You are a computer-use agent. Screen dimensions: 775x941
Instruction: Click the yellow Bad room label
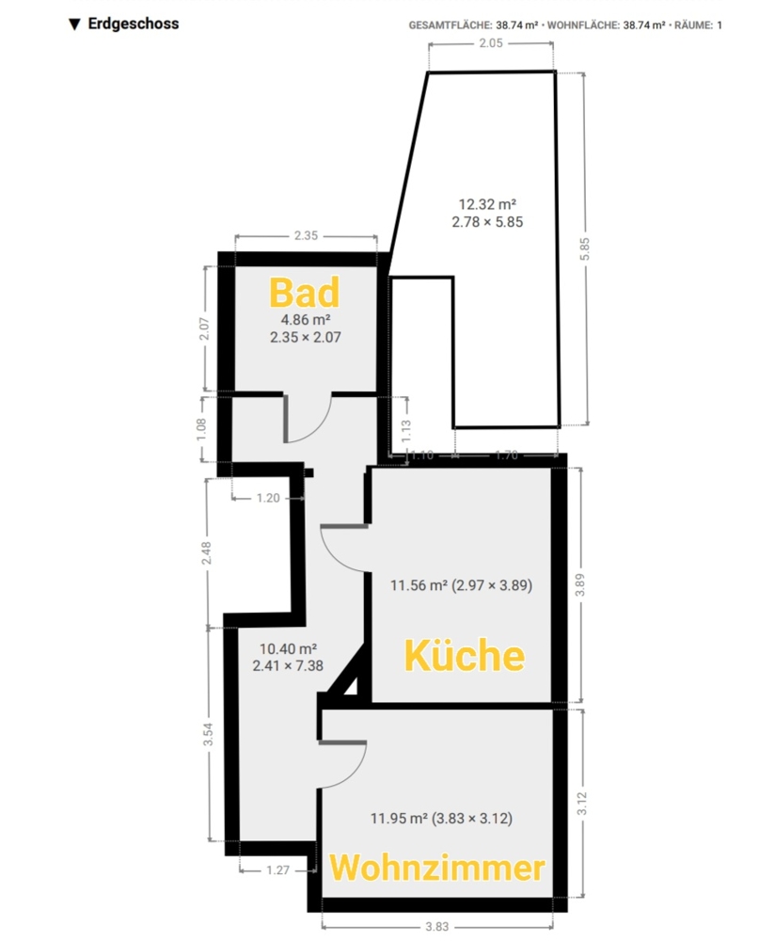pyautogui.click(x=304, y=293)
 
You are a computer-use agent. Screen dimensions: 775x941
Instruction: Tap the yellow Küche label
pyautogui.click(x=465, y=655)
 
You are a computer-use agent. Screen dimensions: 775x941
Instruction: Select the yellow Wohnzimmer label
pyautogui.click(x=437, y=868)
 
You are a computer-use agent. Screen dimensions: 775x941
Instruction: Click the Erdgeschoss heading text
pyautogui.click(x=134, y=24)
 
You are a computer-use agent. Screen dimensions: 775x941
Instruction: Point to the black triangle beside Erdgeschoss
pyautogui.click(x=74, y=24)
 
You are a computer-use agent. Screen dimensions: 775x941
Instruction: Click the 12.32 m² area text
pyautogui.click(x=487, y=204)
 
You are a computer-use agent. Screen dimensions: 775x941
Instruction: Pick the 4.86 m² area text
pyautogui.click(x=306, y=320)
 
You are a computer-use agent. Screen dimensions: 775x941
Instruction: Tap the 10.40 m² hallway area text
pyautogui.click(x=288, y=648)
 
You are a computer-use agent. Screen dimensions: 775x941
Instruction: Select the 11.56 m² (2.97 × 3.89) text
pyautogui.click(x=461, y=585)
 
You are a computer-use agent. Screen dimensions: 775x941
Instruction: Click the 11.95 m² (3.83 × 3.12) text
pyautogui.click(x=441, y=818)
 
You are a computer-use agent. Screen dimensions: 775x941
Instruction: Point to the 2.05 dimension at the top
pyautogui.click(x=491, y=43)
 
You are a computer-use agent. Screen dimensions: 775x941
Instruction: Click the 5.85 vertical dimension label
pyautogui.click(x=585, y=249)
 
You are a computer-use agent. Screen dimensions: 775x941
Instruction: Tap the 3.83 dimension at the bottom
pyautogui.click(x=436, y=927)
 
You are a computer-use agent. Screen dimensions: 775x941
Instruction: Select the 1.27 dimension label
pyautogui.click(x=277, y=870)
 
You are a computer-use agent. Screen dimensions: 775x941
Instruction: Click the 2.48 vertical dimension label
pyautogui.click(x=206, y=552)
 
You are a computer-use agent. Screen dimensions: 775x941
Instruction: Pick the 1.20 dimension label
pyautogui.click(x=267, y=498)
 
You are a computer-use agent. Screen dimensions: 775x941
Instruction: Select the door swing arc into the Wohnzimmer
pyautogui.click(x=352, y=775)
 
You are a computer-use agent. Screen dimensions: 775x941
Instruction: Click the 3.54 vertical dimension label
pyautogui.click(x=208, y=734)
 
